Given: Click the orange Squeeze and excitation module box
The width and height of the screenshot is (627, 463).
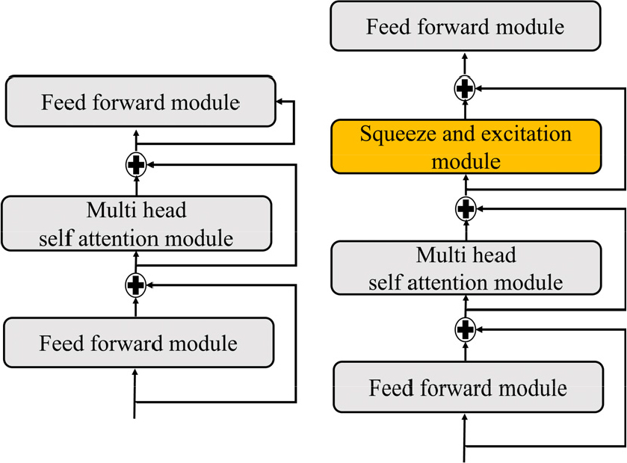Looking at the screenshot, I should tap(466, 147).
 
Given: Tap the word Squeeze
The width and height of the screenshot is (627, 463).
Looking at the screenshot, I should tap(395, 135).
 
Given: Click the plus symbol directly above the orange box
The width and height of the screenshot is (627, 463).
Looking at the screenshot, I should tap(465, 88).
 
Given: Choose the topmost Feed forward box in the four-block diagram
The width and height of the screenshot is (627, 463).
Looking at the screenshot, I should tap(466, 28).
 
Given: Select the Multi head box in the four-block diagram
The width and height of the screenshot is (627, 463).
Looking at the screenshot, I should tap(466, 267).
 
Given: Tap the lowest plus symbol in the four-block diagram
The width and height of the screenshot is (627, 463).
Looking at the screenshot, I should tap(465, 328).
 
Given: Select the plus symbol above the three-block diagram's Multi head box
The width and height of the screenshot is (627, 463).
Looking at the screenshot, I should tap(135, 164).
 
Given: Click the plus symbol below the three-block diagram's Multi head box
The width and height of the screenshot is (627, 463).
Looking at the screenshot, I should tap(135, 285).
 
